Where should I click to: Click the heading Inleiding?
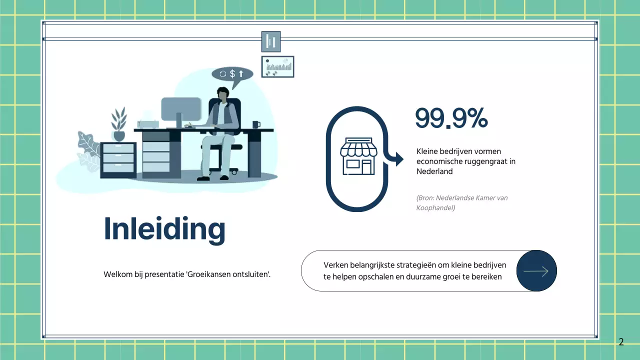click(x=164, y=229)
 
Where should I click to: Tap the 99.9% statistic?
click(x=451, y=118)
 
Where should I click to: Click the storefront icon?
click(x=357, y=156)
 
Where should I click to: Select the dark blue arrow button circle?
click(x=536, y=271)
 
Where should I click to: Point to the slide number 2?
click(x=621, y=342)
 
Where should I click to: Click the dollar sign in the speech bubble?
click(x=232, y=74)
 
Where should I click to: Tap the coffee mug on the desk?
click(x=256, y=124)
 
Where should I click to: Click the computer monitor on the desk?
click(x=180, y=110)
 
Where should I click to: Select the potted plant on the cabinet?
click(x=119, y=124)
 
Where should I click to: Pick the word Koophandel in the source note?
click(x=435, y=208)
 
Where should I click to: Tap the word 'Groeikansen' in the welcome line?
click(x=207, y=274)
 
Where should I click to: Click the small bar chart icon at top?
click(x=271, y=41)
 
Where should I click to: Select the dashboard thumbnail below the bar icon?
click(x=277, y=66)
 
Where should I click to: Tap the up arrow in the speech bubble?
click(x=241, y=74)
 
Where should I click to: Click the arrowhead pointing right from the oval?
click(x=398, y=159)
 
